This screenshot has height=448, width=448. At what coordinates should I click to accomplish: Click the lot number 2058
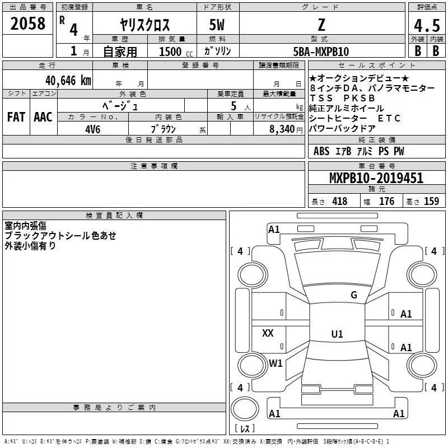click(27, 24)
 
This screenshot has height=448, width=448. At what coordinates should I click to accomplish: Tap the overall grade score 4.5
click(427, 26)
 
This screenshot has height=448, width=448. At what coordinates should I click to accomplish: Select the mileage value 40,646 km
click(68, 81)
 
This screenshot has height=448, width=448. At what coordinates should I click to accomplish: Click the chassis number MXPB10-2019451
click(376, 178)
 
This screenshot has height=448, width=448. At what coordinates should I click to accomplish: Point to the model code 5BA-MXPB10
click(321, 52)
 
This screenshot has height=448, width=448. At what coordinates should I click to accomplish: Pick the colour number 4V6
click(93, 129)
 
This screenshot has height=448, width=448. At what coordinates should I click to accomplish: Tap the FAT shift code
click(16, 117)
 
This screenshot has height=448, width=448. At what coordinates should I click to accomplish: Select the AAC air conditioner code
click(43, 117)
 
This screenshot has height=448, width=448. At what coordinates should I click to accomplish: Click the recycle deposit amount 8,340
click(282, 129)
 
